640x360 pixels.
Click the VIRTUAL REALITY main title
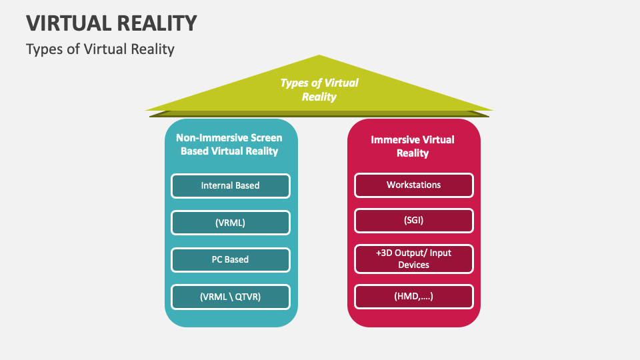coord(112,23)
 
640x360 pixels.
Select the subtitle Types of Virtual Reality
coord(100,49)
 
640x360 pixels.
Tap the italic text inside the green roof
coord(319,90)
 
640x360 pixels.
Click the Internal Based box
coord(230,185)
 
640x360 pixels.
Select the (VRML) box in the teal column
coord(230,223)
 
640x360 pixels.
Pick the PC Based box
coord(230,259)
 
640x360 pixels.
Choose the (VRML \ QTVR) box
coord(230,297)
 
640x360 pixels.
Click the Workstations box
coord(413,185)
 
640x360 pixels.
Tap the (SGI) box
coord(413,221)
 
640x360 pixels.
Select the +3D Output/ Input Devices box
coord(413,259)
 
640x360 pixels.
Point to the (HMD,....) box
coord(413,296)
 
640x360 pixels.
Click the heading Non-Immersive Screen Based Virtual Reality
coord(229,145)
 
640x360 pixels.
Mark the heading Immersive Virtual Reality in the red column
coord(413,146)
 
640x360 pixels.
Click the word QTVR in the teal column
coord(246,297)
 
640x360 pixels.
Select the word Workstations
coord(413,185)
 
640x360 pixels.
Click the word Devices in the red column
coord(413,265)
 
